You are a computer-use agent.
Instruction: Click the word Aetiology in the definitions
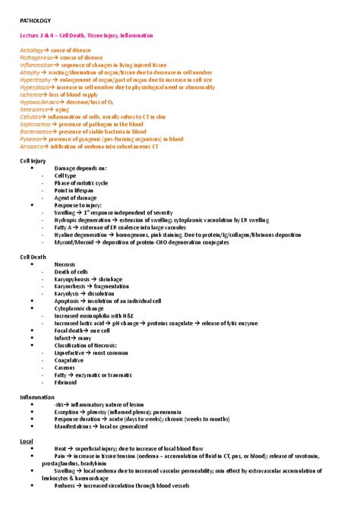tap(33, 49)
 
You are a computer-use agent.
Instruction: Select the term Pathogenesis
tap(36, 57)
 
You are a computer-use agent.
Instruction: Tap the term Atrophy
tap(30, 72)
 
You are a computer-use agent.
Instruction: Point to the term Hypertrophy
tap(35, 80)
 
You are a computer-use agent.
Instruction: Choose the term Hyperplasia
tap(35, 87)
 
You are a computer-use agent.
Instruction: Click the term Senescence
tap(35, 109)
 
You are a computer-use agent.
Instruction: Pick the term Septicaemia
tap(36, 125)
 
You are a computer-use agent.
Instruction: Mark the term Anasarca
tap(33, 147)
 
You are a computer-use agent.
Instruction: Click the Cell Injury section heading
tap(33, 161)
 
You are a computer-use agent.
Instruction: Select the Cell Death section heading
tap(33, 258)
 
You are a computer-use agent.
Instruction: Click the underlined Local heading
tap(27, 441)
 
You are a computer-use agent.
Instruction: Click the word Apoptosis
tap(68, 302)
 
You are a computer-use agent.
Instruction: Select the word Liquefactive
tap(71, 353)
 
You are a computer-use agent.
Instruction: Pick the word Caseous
tap(65, 368)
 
